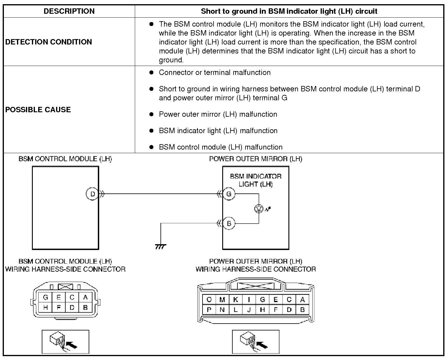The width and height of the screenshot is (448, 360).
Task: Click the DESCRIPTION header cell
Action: [69, 11]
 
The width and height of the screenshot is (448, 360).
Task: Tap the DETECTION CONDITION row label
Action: [49, 42]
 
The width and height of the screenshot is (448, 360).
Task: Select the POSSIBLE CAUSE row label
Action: [38, 110]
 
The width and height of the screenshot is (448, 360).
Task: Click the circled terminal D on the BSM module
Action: [92, 194]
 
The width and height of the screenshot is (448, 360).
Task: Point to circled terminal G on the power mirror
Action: [229, 194]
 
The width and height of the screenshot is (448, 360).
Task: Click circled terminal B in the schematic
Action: [229, 224]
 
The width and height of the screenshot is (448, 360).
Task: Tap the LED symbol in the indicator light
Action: [259, 209]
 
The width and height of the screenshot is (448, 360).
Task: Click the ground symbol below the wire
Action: [161, 247]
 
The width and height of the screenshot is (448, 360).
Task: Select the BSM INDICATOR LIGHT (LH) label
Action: [256, 180]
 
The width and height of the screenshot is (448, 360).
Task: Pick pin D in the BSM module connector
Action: [72, 307]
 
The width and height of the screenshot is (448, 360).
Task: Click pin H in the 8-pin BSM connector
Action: [45, 307]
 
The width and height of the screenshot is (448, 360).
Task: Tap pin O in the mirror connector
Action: [209, 300]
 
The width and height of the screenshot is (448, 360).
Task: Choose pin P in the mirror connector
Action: [209, 310]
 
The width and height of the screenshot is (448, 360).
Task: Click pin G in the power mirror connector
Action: [262, 300]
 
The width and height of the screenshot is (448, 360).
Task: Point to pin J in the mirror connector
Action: [249, 310]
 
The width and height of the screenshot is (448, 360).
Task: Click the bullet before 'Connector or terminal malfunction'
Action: [151, 73]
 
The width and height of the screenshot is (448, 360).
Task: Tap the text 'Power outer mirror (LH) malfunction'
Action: [218, 114]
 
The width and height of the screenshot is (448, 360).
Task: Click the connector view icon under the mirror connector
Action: [256, 342]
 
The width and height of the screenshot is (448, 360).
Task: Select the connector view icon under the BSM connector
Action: [65, 342]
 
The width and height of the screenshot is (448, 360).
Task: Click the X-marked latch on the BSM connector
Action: [65, 287]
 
